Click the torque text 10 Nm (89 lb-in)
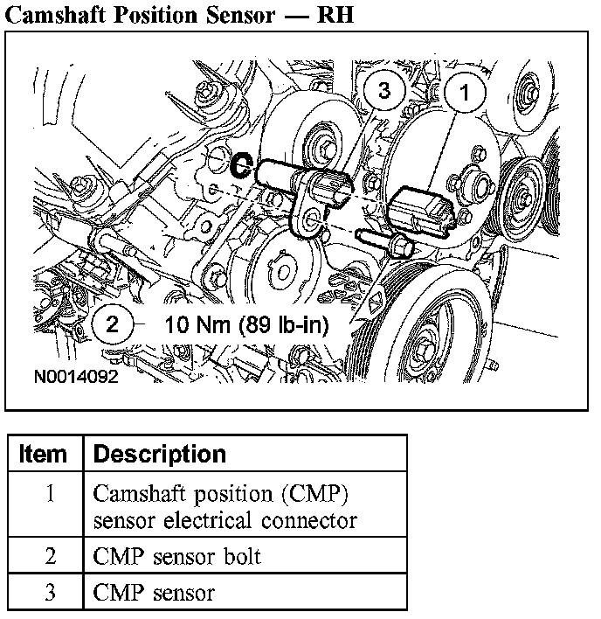pyautogui.click(x=246, y=325)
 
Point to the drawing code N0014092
pyautogui.click(x=75, y=380)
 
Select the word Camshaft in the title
pyautogui.click(x=55, y=15)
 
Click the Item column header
pyautogui.click(x=43, y=455)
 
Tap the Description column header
pyautogui.click(x=159, y=455)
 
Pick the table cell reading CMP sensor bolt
pyautogui.click(x=177, y=556)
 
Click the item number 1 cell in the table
pyautogui.click(x=50, y=493)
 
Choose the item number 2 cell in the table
pyautogui.click(x=50, y=556)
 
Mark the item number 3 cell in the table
pyautogui.click(x=50, y=593)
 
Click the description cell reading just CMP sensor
pyautogui.click(x=154, y=593)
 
